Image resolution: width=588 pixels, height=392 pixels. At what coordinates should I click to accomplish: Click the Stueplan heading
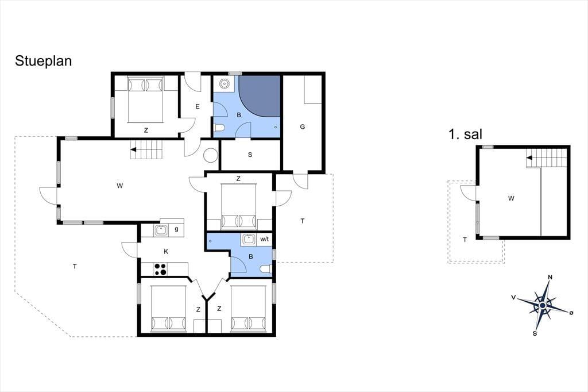click(x=43, y=61)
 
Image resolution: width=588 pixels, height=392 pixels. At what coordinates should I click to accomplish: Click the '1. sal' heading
click(x=465, y=134)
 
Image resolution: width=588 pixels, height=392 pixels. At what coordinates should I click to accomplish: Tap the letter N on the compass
click(x=550, y=278)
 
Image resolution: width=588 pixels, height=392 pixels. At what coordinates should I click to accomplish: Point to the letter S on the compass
click(x=535, y=333)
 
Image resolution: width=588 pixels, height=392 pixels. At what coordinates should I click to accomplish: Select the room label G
click(x=303, y=127)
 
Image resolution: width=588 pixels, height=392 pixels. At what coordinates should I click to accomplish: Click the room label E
click(x=198, y=107)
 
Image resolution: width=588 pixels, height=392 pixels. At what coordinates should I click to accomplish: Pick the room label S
click(x=250, y=155)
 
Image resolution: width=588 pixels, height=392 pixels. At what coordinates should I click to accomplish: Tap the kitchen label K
click(x=166, y=252)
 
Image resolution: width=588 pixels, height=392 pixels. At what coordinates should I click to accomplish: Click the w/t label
click(x=264, y=239)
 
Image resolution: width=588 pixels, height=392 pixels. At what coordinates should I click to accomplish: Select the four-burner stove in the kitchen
click(x=161, y=269)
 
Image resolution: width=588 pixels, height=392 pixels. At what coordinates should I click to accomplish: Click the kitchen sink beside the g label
click(x=161, y=230)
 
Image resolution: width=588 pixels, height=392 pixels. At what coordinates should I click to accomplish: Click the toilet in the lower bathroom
click(x=265, y=269)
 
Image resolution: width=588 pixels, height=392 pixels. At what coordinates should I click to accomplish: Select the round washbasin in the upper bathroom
click(x=225, y=84)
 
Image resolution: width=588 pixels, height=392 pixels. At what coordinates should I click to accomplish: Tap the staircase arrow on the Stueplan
click(x=133, y=149)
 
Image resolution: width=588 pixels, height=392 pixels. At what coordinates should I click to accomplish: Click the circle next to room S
click(x=210, y=155)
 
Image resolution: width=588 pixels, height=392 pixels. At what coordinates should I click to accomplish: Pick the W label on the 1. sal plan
click(x=510, y=198)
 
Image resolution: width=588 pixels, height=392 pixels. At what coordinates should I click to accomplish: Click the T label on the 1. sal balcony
click(x=465, y=240)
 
